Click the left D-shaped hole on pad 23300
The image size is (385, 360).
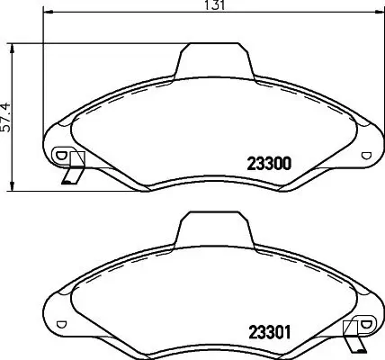[x=61, y=155]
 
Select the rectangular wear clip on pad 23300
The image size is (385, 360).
[x=76, y=161]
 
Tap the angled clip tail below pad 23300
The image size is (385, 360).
[x=69, y=177]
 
